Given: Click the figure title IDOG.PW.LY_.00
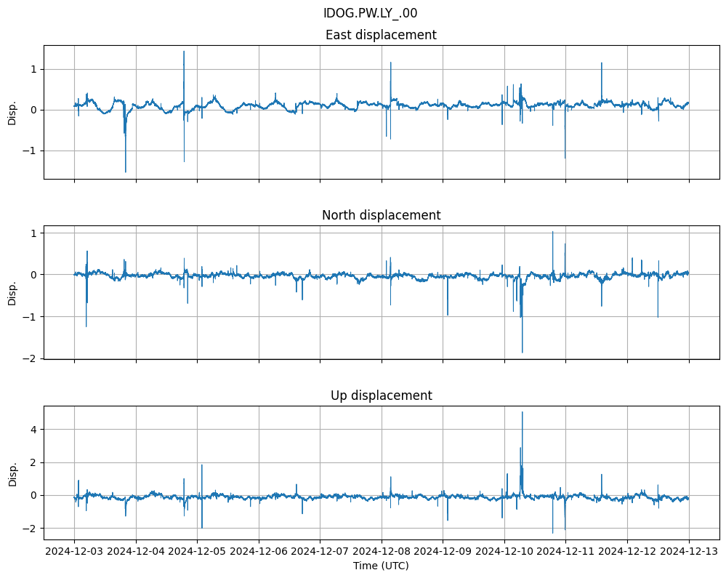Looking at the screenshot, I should click(x=370, y=13).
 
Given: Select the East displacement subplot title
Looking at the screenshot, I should click(x=381, y=35).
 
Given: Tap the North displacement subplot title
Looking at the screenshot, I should click(x=381, y=215).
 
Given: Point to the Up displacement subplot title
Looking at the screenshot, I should click(x=381, y=396).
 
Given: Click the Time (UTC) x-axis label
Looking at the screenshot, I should click(x=381, y=566).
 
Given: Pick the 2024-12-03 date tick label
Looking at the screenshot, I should click(x=75, y=551).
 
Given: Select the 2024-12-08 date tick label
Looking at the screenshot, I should click(x=382, y=551).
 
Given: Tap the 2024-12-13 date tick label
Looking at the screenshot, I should click(x=689, y=551).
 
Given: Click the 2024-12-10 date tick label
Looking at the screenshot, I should click(x=504, y=551).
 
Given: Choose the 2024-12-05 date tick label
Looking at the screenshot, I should click(x=198, y=551).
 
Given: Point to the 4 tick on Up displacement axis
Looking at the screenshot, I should click(x=33, y=429).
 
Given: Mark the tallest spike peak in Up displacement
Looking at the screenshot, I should click(x=522, y=412).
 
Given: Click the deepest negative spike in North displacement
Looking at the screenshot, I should click(x=522, y=353).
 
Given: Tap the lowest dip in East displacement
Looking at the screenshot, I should click(x=126, y=172).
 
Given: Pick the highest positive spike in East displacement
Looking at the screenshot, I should click(x=184, y=51).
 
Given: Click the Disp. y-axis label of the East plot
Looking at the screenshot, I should click(x=12, y=112).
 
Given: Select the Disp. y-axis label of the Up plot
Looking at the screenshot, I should click(x=12, y=473).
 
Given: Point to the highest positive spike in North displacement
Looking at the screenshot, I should click(x=552, y=232).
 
